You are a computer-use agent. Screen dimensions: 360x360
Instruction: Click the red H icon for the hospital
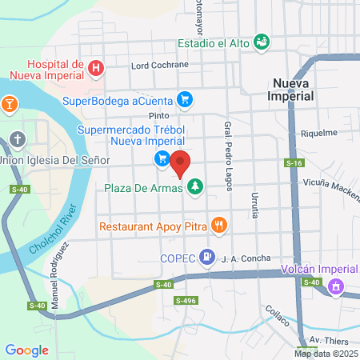95,69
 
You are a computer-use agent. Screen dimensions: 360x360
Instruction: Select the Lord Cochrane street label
160,65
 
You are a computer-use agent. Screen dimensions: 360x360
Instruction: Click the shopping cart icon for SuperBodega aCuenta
186,100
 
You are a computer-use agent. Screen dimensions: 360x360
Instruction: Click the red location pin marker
180,162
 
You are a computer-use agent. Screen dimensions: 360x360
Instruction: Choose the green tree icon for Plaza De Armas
194,188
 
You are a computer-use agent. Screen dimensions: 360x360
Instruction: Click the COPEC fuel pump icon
206,257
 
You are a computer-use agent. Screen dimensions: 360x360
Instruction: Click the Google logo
26,350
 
